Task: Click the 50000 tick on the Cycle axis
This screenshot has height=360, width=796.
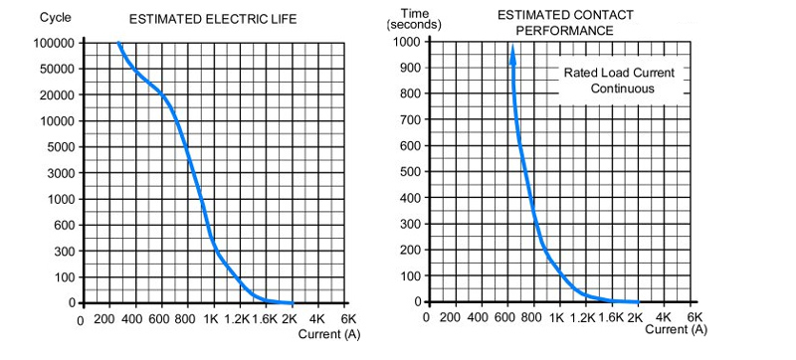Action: point(59,70)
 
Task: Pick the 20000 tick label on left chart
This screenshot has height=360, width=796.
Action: point(59,95)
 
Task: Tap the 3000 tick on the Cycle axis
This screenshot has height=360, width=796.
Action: point(63,173)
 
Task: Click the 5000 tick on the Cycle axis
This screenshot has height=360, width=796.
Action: point(63,147)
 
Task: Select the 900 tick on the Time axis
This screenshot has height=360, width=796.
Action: point(408,67)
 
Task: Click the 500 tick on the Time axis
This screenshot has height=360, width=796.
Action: point(408,171)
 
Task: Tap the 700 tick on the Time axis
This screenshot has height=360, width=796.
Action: point(408,119)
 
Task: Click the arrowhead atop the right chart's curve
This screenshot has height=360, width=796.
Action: point(513,53)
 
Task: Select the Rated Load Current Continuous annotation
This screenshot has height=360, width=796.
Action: point(620,81)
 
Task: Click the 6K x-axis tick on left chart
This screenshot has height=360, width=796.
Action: point(348,320)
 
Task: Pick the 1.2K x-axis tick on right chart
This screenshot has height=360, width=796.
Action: point(583,319)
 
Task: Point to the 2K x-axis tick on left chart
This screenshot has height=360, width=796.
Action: point(290,320)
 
